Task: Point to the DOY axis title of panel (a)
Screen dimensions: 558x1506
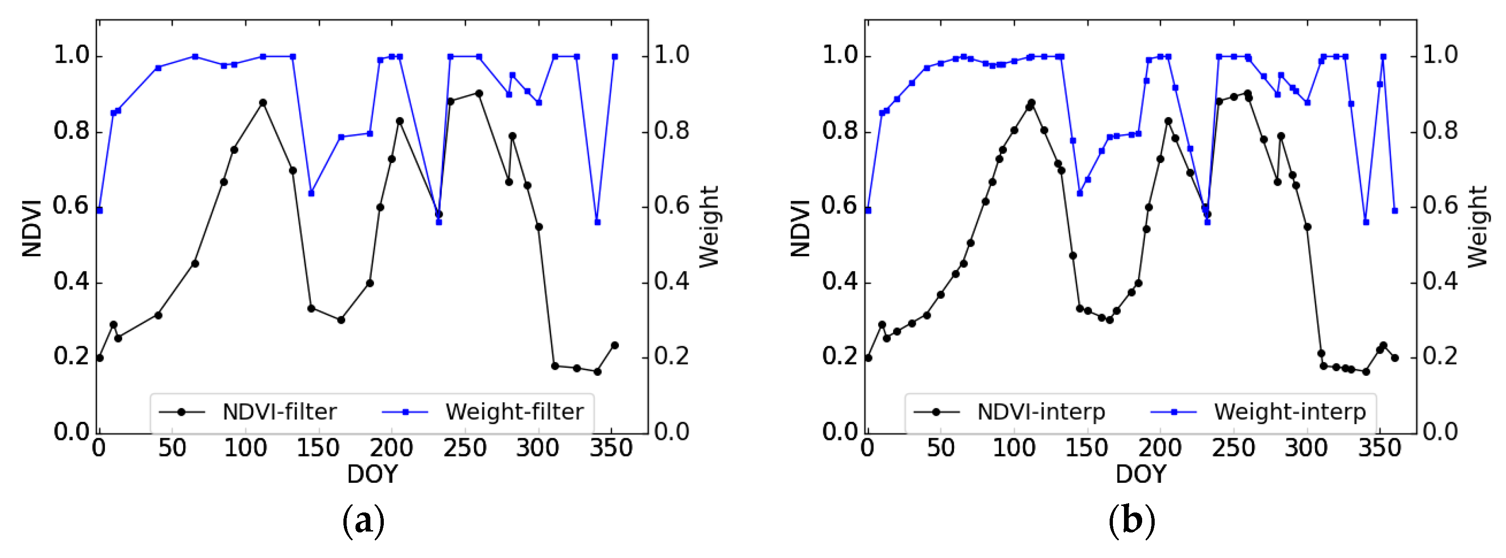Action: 372,474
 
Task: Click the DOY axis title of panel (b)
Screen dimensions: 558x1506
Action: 1141,474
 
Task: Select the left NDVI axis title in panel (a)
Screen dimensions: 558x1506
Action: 32,228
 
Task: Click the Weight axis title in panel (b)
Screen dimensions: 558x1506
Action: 1477,227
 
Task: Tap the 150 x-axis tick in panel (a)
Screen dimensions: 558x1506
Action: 317,449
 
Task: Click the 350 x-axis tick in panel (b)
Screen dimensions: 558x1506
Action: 1379,449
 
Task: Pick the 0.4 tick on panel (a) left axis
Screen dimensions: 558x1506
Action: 71,282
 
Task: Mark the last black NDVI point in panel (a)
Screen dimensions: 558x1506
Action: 614,345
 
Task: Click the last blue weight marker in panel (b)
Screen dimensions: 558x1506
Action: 1395,210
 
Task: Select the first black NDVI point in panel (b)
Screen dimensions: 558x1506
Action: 868,358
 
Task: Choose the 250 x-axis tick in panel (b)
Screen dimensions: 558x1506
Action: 1233,449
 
